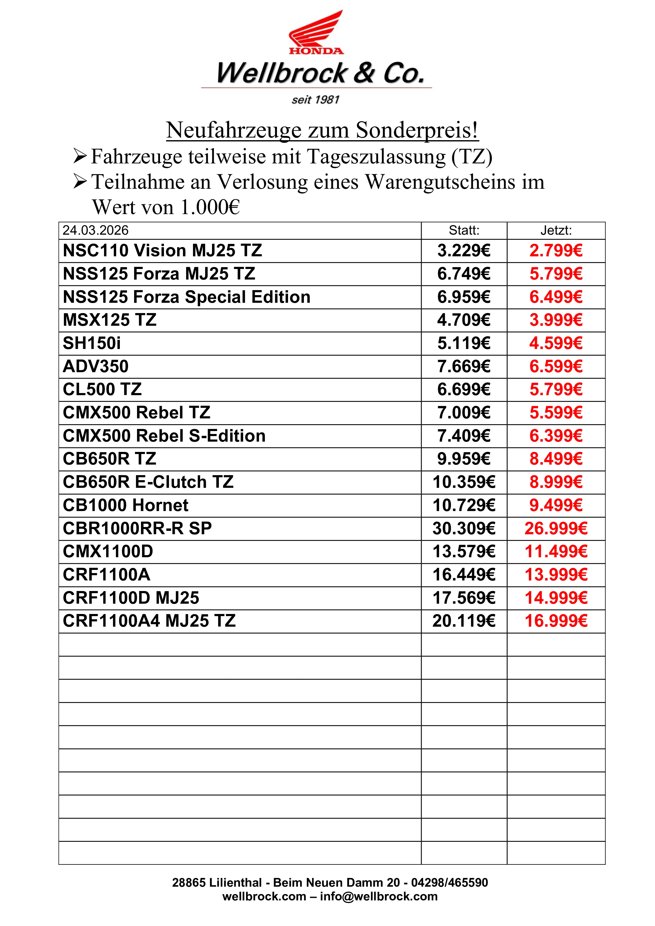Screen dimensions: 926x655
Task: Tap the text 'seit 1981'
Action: (x=315, y=100)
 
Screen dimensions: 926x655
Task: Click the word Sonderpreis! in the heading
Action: (x=417, y=130)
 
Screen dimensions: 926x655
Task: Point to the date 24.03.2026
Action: (x=96, y=230)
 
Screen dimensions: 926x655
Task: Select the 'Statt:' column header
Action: (x=464, y=230)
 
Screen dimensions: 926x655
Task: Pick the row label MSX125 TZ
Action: (x=110, y=320)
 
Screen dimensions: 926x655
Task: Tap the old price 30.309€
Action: (x=464, y=528)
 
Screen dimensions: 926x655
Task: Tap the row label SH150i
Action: (x=92, y=343)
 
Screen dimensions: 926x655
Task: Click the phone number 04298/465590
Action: (x=449, y=882)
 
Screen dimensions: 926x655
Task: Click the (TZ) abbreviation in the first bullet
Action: (x=472, y=157)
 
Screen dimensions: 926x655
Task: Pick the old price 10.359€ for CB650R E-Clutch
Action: (x=464, y=482)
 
